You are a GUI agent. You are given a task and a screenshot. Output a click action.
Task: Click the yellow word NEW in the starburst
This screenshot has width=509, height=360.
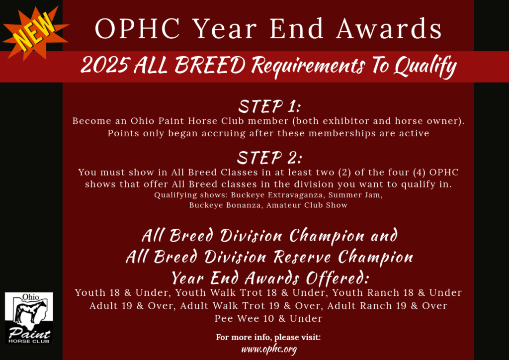click(x=35, y=32)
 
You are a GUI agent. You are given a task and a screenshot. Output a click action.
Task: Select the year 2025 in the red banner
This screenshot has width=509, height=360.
click(x=104, y=65)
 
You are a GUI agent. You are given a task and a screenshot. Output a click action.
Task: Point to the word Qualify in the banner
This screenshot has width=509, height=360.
click(x=425, y=67)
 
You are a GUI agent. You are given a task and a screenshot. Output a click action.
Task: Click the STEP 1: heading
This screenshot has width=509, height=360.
click(x=270, y=106)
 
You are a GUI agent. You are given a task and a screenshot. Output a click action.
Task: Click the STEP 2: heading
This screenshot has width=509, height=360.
click(x=269, y=158)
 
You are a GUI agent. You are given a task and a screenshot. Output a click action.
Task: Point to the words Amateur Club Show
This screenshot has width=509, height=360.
click(x=307, y=205)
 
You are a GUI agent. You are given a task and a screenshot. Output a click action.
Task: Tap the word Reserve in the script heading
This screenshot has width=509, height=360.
click(x=302, y=257)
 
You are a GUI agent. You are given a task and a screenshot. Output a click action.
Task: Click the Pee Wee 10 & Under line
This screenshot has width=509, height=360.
click(x=268, y=318)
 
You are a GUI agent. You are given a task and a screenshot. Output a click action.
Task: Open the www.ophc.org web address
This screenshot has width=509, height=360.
click(x=269, y=349)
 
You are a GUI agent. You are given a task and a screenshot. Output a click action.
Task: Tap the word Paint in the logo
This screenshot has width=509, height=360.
click(x=29, y=333)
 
